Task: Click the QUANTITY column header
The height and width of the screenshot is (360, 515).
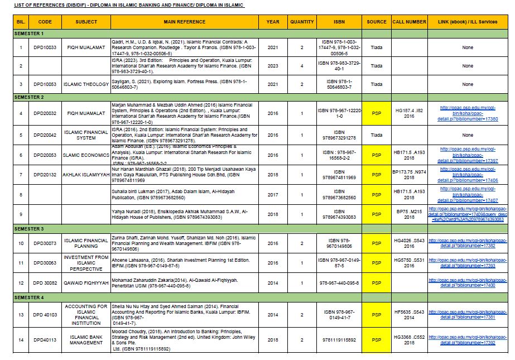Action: pos(302,22)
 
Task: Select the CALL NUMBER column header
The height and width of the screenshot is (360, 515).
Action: pos(409,22)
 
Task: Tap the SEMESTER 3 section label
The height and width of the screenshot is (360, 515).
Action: pos(29,229)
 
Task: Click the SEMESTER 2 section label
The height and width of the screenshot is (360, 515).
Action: pos(29,97)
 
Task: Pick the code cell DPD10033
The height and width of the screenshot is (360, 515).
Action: pos(45,47)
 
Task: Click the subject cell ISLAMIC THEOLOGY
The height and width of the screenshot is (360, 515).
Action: pos(86,84)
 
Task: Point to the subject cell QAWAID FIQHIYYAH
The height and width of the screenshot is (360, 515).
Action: pos(86,284)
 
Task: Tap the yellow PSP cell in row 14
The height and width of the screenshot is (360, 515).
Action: pos(377,339)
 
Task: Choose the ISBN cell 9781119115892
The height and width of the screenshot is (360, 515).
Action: pos(339,339)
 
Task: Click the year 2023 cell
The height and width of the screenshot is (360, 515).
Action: pos(273,66)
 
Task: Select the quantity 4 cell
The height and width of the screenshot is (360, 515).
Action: pos(302,66)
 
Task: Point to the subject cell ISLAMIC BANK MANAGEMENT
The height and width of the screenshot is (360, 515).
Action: pos(86,339)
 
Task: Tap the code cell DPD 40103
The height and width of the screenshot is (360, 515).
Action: pos(45,315)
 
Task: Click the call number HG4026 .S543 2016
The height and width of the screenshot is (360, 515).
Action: pos(409,243)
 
